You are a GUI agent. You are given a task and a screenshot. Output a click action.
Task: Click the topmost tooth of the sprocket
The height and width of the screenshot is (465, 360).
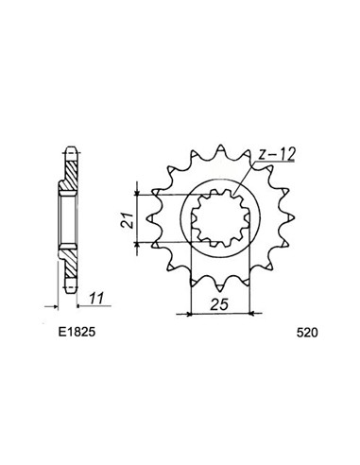[x=223, y=145]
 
